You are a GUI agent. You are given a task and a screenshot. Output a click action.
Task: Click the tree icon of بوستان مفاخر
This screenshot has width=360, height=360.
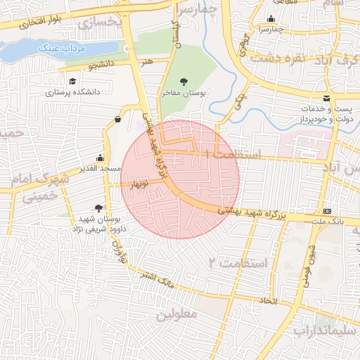coord(185,82)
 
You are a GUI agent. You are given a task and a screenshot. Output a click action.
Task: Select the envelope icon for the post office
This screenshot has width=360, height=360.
coord(326,99)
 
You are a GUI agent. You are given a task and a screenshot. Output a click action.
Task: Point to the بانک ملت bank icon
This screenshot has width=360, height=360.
coord(328,211)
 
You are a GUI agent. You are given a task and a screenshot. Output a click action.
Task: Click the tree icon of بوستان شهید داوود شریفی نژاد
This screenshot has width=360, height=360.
coord(98,208)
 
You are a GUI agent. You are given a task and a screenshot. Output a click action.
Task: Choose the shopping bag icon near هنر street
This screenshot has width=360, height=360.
coord(117,119)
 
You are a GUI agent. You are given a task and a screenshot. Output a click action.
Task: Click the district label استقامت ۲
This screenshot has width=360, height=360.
coord(239,263)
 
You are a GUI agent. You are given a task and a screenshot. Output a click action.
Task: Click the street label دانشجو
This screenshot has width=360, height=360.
coord(101,65)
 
